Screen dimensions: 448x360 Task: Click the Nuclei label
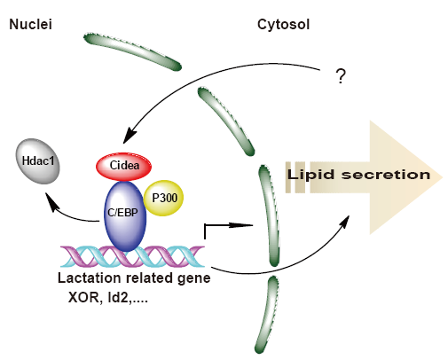coord(31,24)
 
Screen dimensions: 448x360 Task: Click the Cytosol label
coord(283,25)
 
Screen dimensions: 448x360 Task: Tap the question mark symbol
coord(341,76)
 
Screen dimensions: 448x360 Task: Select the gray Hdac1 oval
coord(38,161)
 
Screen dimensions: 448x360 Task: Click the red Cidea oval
coord(123,167)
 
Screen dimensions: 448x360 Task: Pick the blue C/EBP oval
coord(125,215)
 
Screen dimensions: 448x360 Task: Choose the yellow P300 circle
coord(163,198)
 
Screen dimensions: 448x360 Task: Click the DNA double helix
coord(132,256)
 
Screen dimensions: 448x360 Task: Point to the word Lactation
coord(90,278)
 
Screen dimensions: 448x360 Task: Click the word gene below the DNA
coord(193,279)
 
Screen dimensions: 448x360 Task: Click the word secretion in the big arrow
coord(386,175)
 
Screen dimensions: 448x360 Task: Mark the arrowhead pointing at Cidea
coord(130,137)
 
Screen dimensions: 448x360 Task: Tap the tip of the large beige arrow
coord(443,177)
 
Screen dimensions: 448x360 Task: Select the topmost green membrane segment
coord(132,51)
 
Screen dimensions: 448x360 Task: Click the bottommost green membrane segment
coord(267,315)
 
